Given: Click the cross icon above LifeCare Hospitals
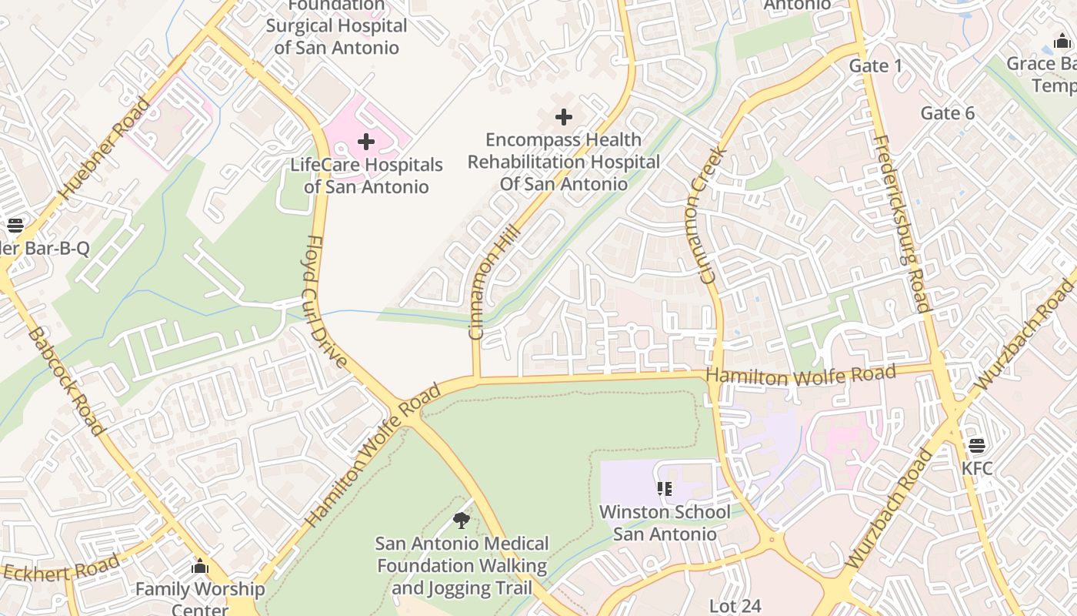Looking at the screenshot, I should click(x=366, y=142).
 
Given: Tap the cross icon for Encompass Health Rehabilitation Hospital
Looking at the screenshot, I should click(x=564, y=117).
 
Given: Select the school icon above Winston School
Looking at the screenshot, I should click(x=665, y=489).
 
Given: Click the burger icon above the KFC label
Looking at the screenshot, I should click(x=977, y=446).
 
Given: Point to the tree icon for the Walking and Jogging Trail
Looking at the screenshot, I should click(x=462, y=521).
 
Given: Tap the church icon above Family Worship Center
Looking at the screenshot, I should click(x=200, y=567).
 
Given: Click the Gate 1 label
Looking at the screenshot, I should click(x=875, y=66).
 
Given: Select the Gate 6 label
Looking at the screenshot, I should click(x=948, y=114).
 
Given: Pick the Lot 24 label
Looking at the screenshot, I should click(x=735, y=606).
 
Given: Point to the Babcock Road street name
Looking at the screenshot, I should click(x=65, y=380).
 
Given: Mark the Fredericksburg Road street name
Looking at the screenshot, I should click(x=902, y=223).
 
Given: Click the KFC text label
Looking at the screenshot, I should click(x=977, y=468).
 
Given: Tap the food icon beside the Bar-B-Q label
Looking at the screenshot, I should click(x=15, y=226).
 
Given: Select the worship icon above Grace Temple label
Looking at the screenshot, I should click(x=1062, y=42).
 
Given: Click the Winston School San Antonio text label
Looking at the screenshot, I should click(x=665, y=523).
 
